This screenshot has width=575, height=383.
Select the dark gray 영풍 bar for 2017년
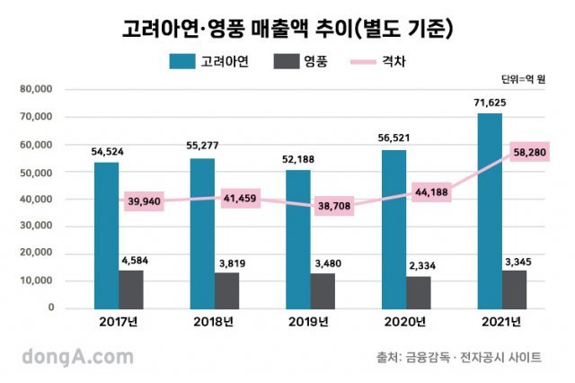tap(131, 289)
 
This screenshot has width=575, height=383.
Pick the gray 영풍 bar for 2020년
tap(419, 291)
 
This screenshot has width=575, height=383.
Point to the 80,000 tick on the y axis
tap(35, 89)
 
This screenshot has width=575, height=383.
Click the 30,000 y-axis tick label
tap(35, 227)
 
